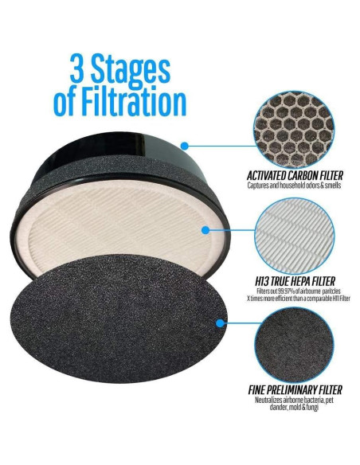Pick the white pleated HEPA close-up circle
tap(290, 231)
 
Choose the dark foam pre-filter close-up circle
tap(290, 339)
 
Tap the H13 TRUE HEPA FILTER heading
tap(290, 281)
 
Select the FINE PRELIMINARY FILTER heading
tap(290, 390)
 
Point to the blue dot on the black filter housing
tap(185, 146)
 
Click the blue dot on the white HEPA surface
tap(205, 230)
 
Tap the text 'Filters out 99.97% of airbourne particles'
tap(290, 291)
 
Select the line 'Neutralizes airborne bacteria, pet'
tap(290, 401)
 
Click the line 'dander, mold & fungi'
tap(290, 411)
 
